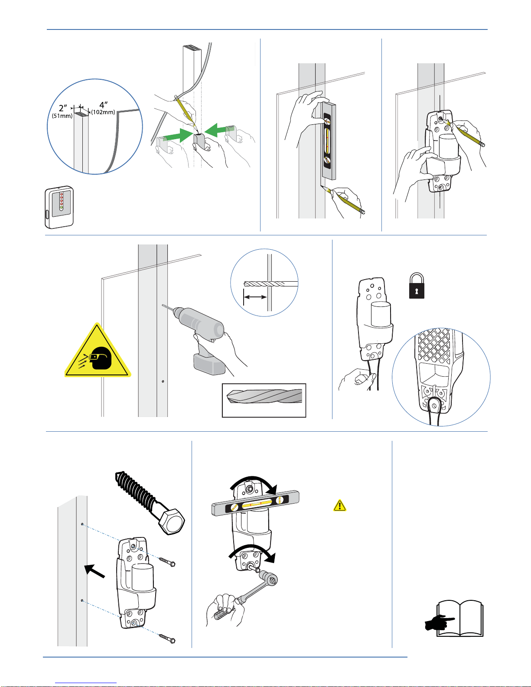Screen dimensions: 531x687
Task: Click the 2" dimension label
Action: click(63, 108)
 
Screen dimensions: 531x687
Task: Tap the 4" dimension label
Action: click(104, 105)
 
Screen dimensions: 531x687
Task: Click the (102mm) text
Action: click(103, 112)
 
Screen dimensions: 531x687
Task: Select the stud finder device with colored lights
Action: click(59, 208)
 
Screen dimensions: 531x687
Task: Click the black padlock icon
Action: click(417, 286)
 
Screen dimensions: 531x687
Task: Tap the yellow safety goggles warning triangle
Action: click(98, 352)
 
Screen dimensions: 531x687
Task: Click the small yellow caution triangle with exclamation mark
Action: click(340, 505)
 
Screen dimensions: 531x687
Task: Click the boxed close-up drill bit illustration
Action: click(264, 400)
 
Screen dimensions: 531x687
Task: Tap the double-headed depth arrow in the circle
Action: click(255, 297)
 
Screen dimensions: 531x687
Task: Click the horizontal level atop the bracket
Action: click(255, 503)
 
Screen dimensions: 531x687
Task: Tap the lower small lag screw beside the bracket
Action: click(167, 638)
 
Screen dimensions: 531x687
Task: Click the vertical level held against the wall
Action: click(328, 141)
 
